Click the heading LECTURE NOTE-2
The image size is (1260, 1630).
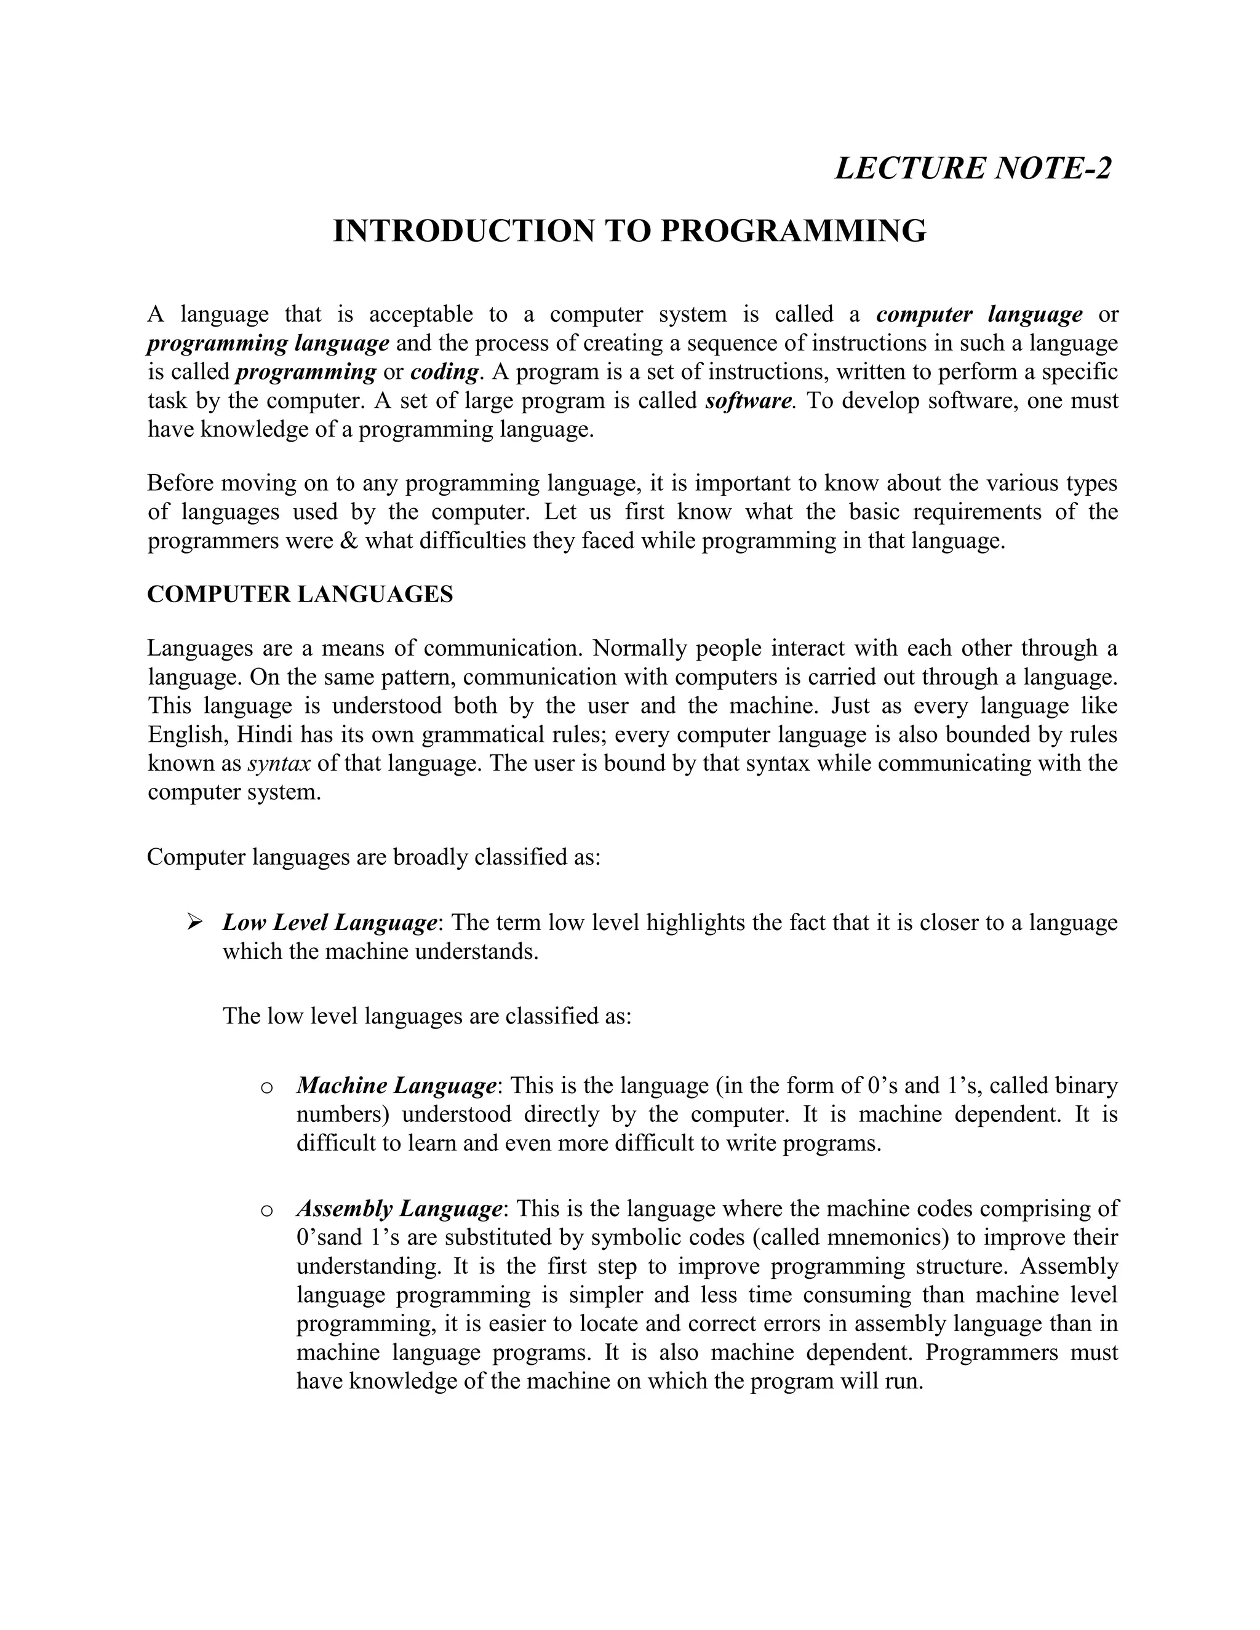click(x=973, y=168)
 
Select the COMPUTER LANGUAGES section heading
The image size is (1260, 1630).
click(x=300, y=594)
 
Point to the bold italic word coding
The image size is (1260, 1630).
click(x=444, y=372)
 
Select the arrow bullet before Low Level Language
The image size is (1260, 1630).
click(x=195, y=923)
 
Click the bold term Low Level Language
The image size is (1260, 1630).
click(x=329, y=923)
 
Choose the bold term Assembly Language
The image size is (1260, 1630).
click(x=399, y=1208)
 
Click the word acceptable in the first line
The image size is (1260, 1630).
click(x=421, y=314)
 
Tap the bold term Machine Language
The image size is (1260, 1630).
click(x=396, y=1085)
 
